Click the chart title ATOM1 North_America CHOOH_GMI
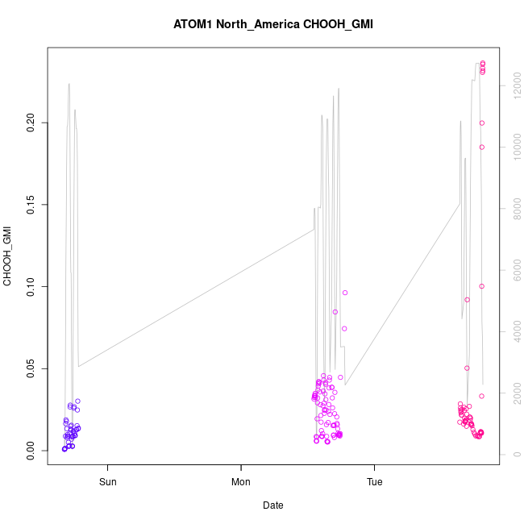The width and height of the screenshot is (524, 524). click(273, 24)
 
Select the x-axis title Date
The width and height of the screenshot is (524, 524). click(273, 505)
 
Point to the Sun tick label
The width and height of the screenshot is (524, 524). click(107, 483)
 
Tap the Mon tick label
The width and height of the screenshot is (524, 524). click(241, 483)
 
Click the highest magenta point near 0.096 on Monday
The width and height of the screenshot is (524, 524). click(345, 293)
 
